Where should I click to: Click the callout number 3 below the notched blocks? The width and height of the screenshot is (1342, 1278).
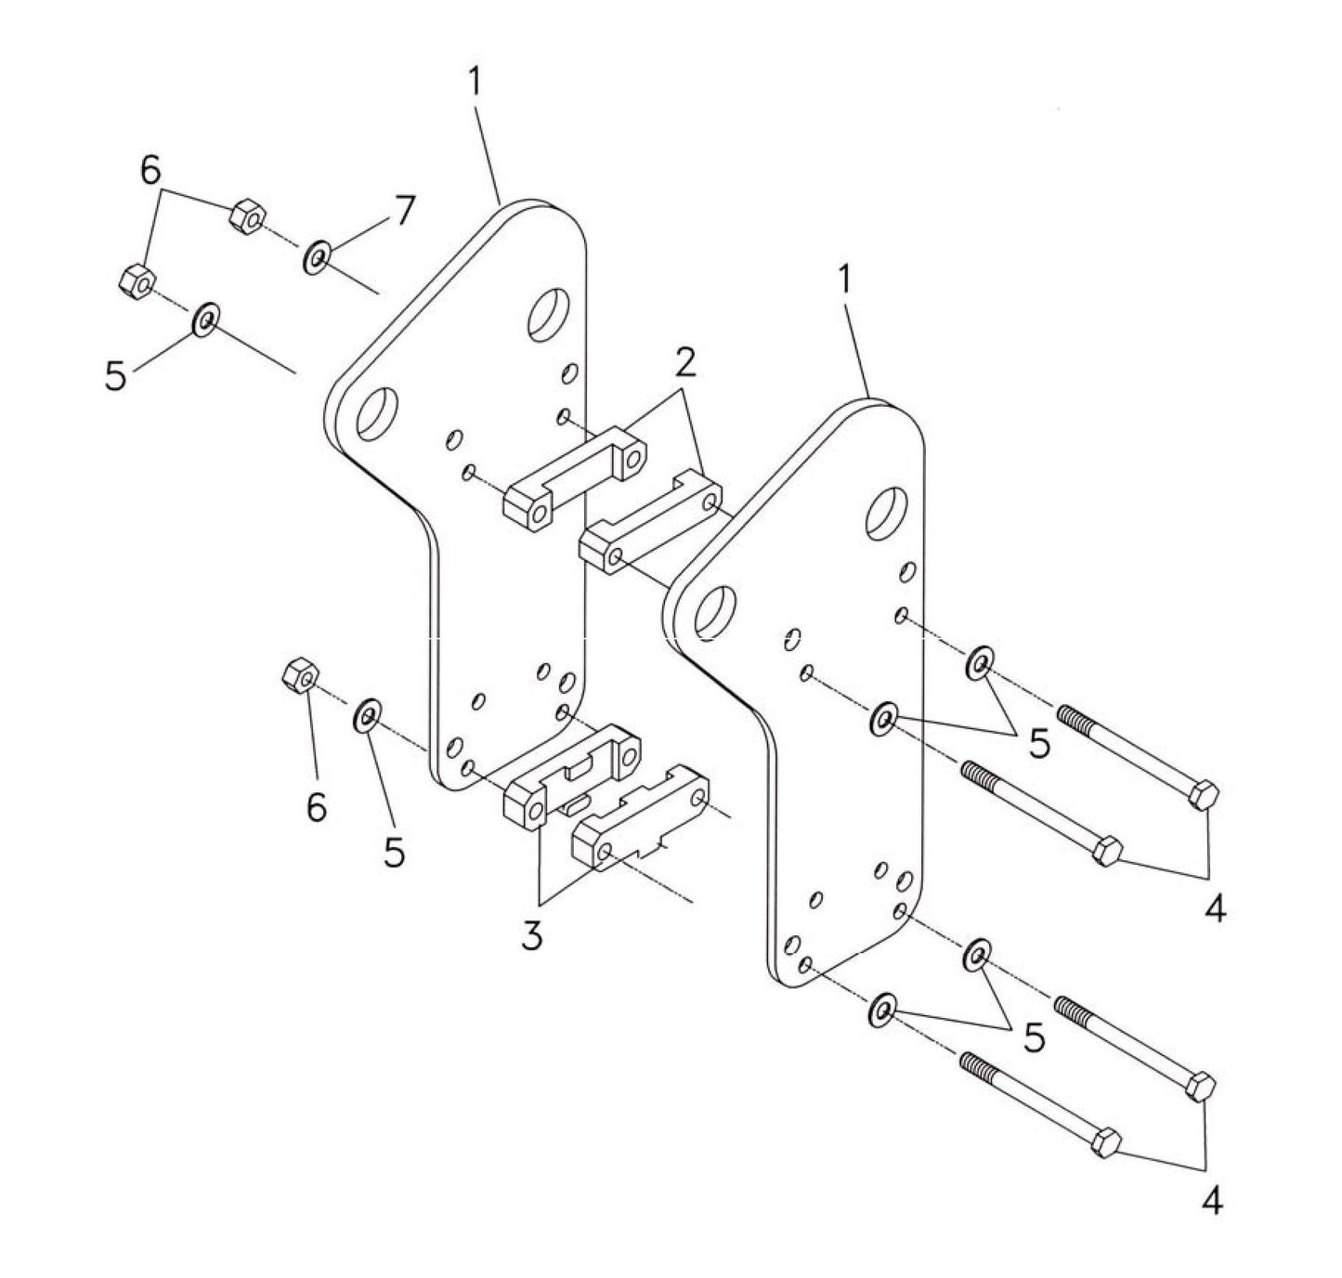point(531,936)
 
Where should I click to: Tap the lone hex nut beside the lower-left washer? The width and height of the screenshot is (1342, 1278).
point(297,673)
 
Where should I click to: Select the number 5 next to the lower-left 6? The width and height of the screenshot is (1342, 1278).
point(395,852)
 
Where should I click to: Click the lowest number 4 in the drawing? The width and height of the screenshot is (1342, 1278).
point(1211,1202)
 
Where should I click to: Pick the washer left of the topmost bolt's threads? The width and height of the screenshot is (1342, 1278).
point(978,664)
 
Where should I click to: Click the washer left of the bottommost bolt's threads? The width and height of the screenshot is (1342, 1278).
point(880,1010)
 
